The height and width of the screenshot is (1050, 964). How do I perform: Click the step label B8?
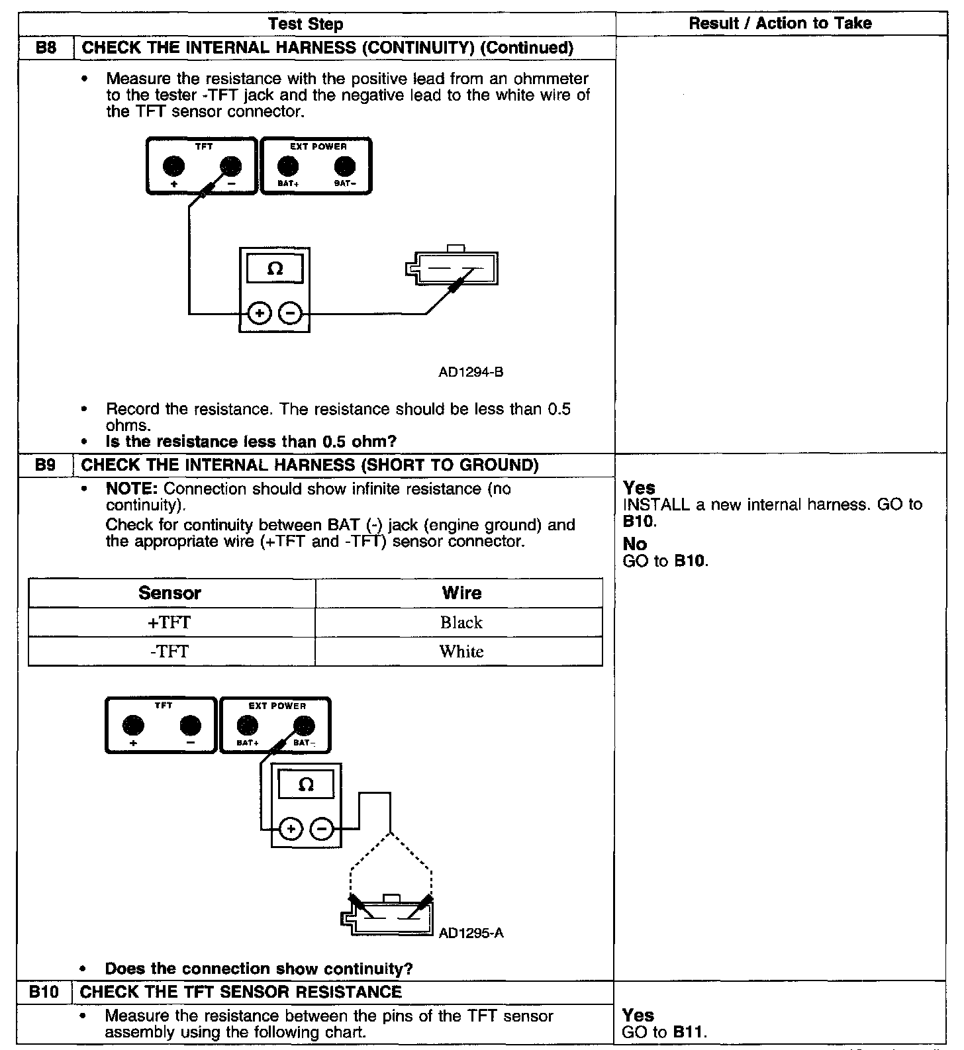tap(45, 48)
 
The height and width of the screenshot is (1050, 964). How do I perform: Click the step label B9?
tap(45, 465)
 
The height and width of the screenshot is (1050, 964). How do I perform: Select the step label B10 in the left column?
tap(44, 992)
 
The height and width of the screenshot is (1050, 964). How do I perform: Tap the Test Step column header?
tap(306, 24)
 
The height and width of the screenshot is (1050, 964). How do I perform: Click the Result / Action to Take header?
tap(780, 23)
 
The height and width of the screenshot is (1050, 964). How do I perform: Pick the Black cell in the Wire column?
tap(461, 622)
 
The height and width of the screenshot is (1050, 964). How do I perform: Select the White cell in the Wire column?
tap(461, 651)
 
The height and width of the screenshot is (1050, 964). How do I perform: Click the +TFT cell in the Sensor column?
tap(170, 622)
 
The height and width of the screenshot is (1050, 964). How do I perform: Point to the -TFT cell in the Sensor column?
tap(170, 651)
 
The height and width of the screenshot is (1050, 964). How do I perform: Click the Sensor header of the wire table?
tap(170, 593)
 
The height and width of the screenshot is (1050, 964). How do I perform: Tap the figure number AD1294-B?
tap(471, 372)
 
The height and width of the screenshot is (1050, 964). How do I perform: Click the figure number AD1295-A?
tap(471, 933)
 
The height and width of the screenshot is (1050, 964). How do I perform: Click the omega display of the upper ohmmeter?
tap(275, 269)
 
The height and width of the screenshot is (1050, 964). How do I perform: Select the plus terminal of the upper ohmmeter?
tap(260, 312)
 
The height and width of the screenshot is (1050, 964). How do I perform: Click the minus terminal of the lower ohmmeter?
tap(322, 828)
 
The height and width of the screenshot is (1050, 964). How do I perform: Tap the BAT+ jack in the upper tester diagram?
tap(286, 166)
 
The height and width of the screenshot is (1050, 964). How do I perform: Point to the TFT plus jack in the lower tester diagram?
tap(133, 726)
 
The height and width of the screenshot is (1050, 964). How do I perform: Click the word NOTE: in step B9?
tap(132, 489)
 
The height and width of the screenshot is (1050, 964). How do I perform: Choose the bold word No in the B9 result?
tap(634, 544)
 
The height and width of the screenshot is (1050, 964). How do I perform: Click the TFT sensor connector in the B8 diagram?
tap(454, 268)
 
